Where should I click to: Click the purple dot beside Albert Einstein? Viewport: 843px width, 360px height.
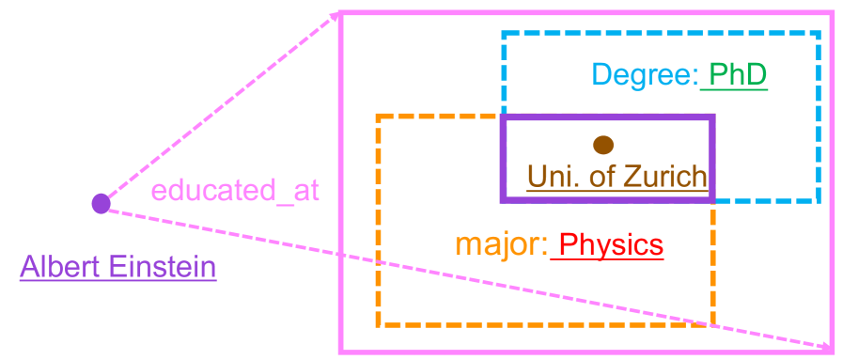coord(101,203)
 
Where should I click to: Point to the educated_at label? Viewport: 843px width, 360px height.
coord(235,191)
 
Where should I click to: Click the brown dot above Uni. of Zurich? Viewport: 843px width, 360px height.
coord(603,145)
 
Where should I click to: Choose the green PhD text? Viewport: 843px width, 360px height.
coord(738,75)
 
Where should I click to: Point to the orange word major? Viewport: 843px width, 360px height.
coord(501,245)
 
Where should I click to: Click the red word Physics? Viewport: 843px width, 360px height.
coord(611,245)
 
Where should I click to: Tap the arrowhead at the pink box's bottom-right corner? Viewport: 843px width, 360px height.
coord(826,349)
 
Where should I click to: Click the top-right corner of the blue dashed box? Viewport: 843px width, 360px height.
coord(819,34)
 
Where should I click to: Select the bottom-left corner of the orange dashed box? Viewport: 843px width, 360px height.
coord(378,325)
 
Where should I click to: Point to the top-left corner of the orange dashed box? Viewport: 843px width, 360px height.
coord(378,117)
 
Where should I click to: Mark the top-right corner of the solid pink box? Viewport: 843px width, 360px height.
coord(832,13)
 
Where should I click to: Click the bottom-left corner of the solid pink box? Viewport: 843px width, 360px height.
coord(341,352)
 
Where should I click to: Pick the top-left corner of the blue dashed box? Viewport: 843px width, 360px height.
coord(504,34)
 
